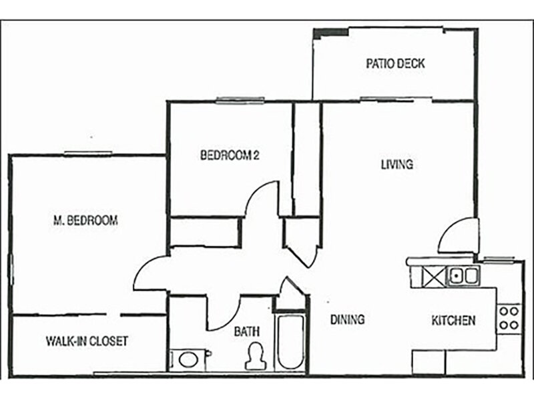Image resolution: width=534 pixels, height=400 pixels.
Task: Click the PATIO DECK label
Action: click(395, 64)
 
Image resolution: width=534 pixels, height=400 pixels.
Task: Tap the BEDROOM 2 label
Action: click(230, 155)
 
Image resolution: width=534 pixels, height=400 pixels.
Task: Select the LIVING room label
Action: click(396, 164)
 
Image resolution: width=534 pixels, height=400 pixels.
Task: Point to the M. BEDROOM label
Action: click(85, 220)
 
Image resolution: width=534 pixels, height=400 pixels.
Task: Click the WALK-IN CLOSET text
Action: click(87, 341)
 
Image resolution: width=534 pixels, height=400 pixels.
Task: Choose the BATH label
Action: click(246, 331)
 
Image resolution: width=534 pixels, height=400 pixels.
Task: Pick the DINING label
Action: click(347, 320)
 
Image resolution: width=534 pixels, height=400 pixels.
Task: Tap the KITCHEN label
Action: click(453, 320)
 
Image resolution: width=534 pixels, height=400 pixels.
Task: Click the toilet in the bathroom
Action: click(254, 356)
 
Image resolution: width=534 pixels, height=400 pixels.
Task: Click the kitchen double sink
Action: click(463, 275)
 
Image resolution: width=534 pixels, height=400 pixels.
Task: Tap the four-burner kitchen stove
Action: click(509, 317)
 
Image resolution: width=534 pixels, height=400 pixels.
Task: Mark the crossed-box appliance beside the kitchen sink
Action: click(435, 275)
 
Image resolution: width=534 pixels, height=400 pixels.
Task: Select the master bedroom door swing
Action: click(150, 273)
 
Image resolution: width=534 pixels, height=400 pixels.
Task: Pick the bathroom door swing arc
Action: click(224, 312)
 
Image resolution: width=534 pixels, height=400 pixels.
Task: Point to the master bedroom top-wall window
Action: click(87, 154)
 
